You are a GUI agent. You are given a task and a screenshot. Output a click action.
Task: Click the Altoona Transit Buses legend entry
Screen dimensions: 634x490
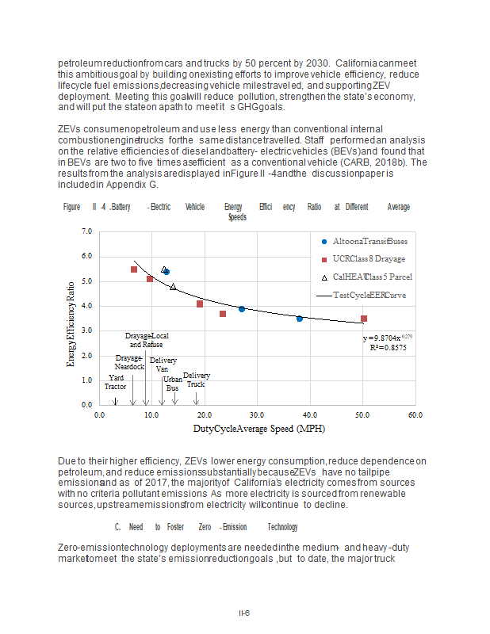(369, 241)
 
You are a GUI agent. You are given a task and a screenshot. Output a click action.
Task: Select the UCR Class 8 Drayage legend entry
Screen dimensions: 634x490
(368, 259)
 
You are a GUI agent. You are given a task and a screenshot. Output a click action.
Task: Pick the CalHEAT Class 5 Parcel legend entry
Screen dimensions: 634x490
(371, 277)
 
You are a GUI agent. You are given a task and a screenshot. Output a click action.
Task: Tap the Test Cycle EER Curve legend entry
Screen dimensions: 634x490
(368, 296)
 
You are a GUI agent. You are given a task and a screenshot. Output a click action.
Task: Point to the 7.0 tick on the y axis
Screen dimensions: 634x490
(86, 231)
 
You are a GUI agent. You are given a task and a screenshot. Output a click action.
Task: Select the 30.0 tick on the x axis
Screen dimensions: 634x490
(257, 414)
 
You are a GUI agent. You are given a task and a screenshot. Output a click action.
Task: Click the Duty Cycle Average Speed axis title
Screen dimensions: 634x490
(257, 429)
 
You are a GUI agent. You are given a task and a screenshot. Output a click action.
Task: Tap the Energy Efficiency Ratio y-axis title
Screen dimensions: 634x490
(71, 317)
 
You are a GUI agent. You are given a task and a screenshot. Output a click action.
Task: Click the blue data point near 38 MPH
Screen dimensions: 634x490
(300, 319)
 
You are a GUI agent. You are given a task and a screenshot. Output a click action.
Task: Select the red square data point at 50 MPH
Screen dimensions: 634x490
(363, 319)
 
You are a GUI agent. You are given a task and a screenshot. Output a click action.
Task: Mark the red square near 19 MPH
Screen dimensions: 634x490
(200, 304)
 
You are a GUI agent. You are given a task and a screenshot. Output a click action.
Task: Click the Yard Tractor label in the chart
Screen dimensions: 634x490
(115, 382)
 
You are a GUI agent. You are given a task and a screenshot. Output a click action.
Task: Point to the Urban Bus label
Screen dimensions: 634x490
(172, 384)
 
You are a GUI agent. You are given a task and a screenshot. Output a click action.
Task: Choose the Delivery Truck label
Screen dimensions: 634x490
(196, 380)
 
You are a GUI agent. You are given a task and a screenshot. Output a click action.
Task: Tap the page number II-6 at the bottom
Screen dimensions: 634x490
(245, 613)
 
